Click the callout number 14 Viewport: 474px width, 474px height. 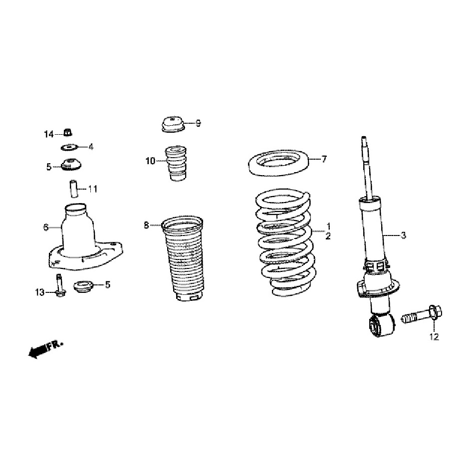click(49, 134)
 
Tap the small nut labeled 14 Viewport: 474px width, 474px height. click(68, 132)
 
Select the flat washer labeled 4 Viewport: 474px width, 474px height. click(69, 148)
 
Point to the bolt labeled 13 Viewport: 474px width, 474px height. click(60, 285)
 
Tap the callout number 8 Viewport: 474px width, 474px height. click(146, 225)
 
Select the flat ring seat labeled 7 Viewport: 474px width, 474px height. click(278, 163)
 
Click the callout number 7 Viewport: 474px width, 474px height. click(324, 159)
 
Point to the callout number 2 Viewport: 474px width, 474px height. click(328, 236)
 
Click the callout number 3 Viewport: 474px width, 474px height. click(403, 235)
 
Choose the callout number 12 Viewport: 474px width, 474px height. click(434, 337)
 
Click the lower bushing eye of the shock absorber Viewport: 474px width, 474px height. click(382, 325)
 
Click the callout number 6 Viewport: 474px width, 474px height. click(46, 227)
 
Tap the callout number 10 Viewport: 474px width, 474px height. click(150, 161)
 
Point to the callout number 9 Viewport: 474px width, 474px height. click(198, 123)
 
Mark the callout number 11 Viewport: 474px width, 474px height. click(93, 189)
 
